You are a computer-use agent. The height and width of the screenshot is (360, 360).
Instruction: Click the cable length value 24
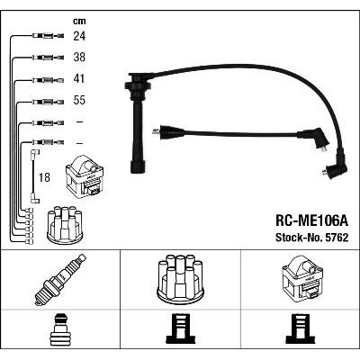79,36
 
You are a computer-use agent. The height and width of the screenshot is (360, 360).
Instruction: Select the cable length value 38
79,57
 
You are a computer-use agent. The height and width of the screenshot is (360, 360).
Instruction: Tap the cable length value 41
79,78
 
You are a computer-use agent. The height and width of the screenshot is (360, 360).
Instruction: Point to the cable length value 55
79,100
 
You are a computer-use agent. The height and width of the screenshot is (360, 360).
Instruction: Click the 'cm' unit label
79,21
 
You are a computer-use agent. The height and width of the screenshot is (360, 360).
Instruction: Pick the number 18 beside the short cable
44,177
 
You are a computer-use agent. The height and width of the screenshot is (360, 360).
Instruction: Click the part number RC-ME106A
312,221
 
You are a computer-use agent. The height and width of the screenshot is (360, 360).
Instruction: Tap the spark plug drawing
60,279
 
